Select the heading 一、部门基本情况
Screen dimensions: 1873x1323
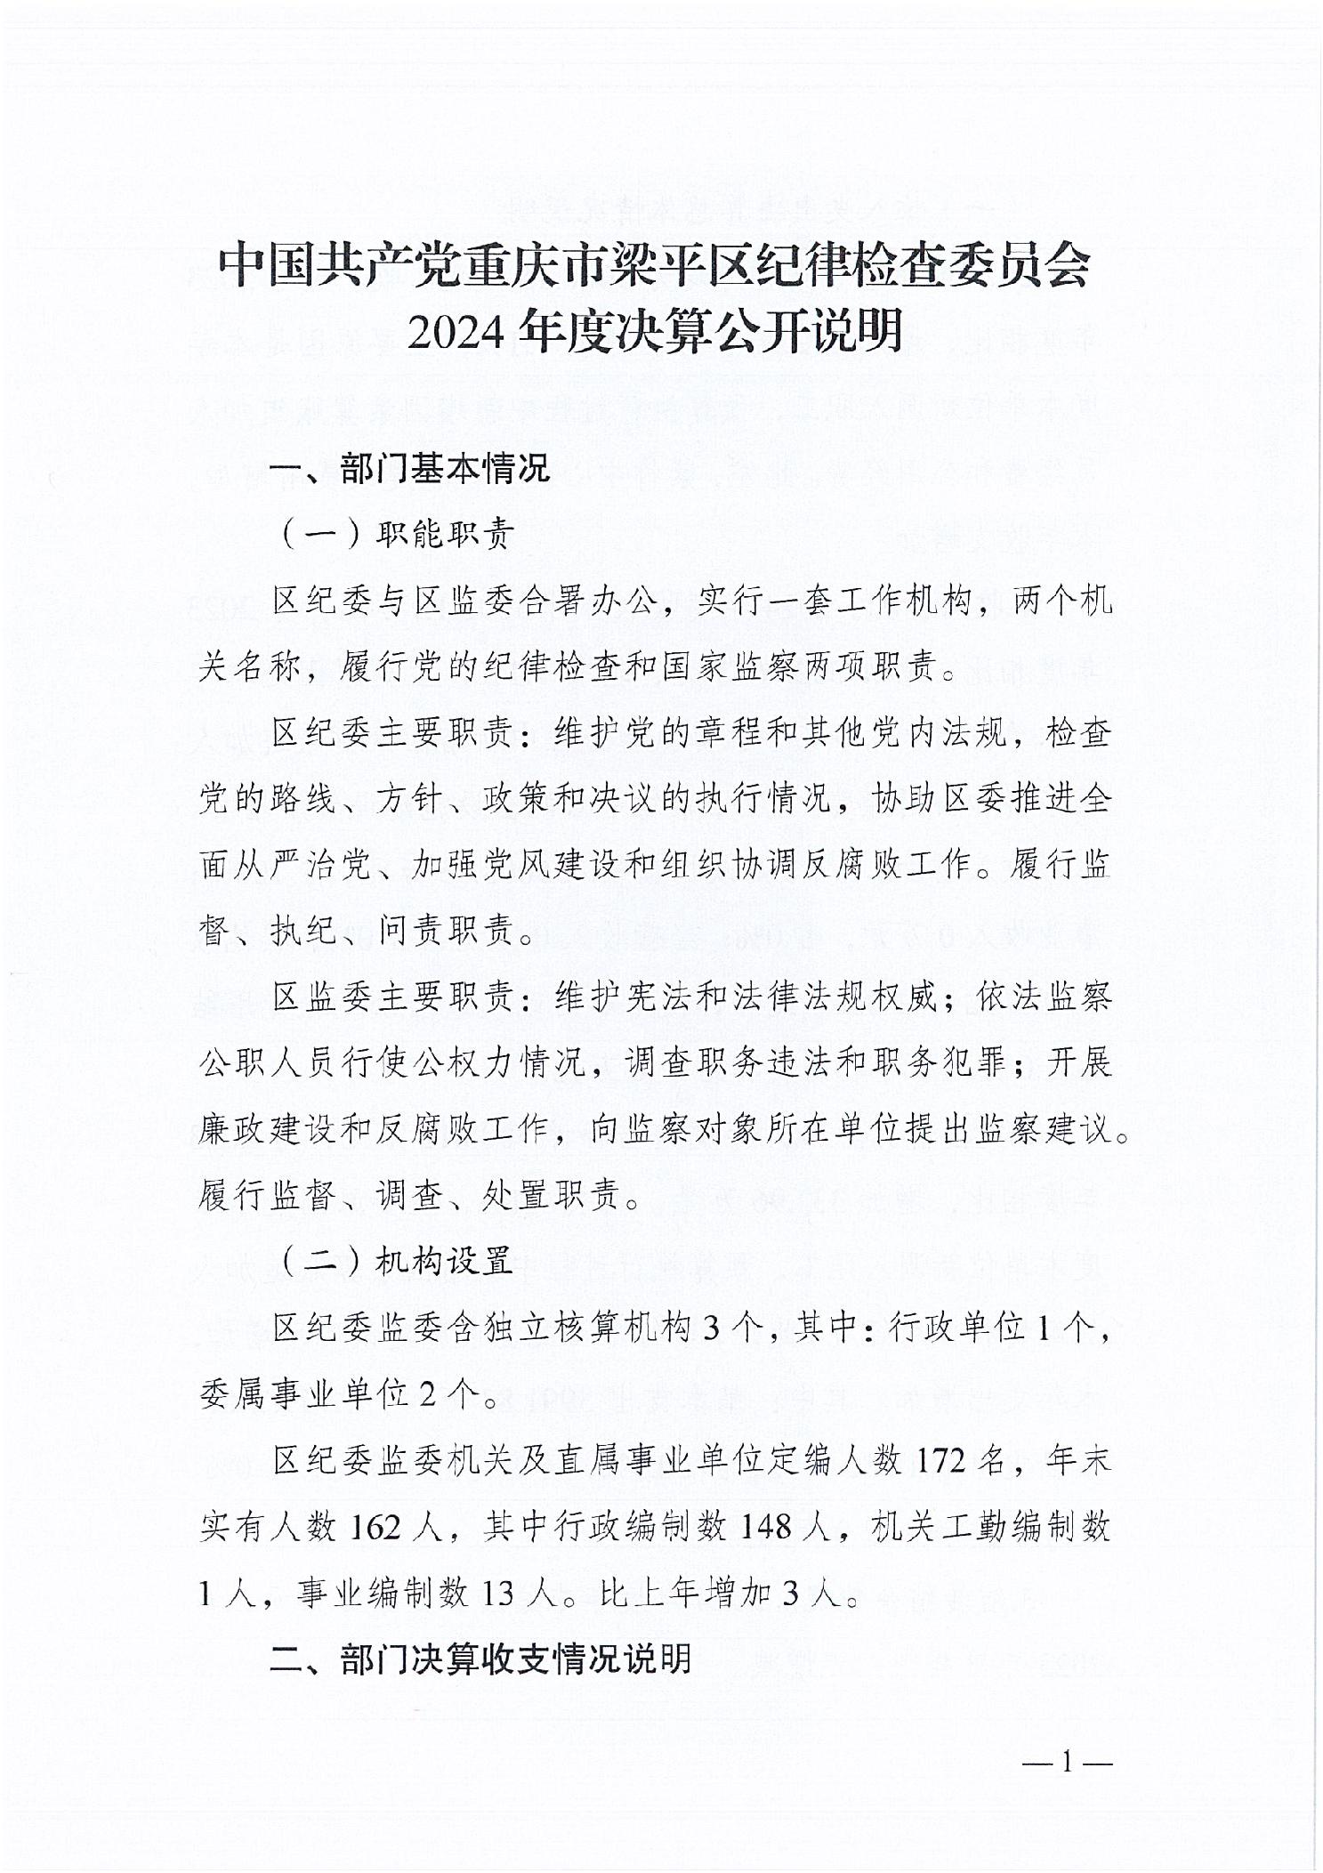point(410,468)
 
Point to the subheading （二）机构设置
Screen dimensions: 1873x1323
point(398,1261)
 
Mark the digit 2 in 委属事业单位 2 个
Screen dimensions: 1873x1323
point(428,1394)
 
